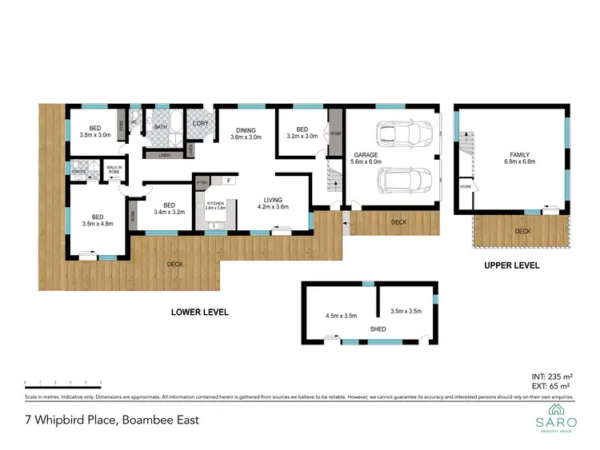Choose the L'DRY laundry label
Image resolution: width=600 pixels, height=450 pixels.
click(200, 123)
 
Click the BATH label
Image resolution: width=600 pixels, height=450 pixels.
click(161, 126)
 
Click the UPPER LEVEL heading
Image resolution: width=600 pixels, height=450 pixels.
click(513, 265)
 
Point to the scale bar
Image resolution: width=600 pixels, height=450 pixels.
click(63, 384)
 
